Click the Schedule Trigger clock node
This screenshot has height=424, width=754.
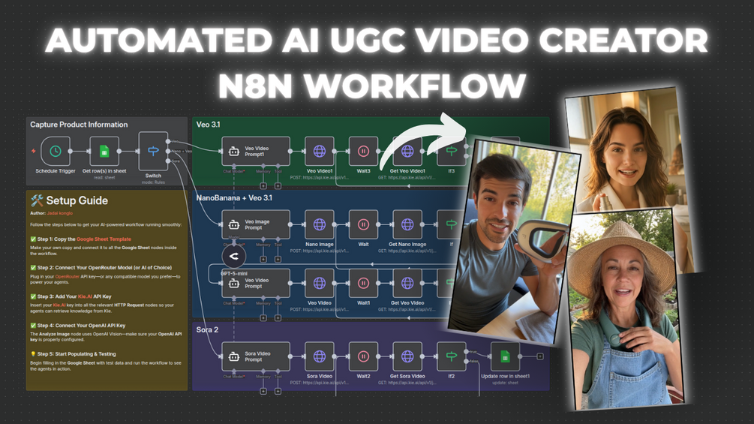pos(56,151)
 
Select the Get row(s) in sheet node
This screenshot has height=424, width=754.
pos(104,151)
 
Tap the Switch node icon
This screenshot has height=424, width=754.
pos(153,151)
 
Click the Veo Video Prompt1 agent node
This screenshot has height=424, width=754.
pos(256,151)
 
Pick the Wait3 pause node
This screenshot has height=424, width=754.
pos(363,151)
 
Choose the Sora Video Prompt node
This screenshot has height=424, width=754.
pos(256,356)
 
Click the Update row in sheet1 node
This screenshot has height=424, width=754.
pos(505,356)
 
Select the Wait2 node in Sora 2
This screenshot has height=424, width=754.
pos(363,356)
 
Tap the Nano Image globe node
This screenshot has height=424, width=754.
pos(320,224)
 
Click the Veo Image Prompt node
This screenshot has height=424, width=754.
pos(256,224)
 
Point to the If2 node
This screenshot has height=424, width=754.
pos(451,356)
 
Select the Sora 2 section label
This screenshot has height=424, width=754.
pos(207,330)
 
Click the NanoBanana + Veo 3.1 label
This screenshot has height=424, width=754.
pos(234,198)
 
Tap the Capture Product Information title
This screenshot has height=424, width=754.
pos(79,125)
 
